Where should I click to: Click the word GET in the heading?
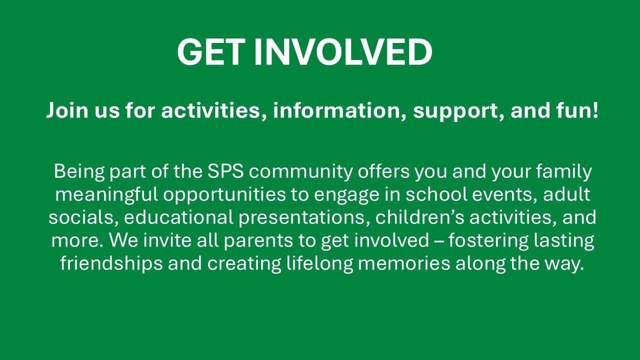click(211, 52)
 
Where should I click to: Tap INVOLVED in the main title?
click(343, 52)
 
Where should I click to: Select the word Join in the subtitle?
click(67, 110)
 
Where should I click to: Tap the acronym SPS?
click(225, 171)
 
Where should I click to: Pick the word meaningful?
click(106, 195)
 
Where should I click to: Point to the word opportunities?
click(224, 195)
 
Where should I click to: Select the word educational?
click(178, 217)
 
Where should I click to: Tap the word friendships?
click(111, 263)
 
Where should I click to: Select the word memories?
click(404, 263)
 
